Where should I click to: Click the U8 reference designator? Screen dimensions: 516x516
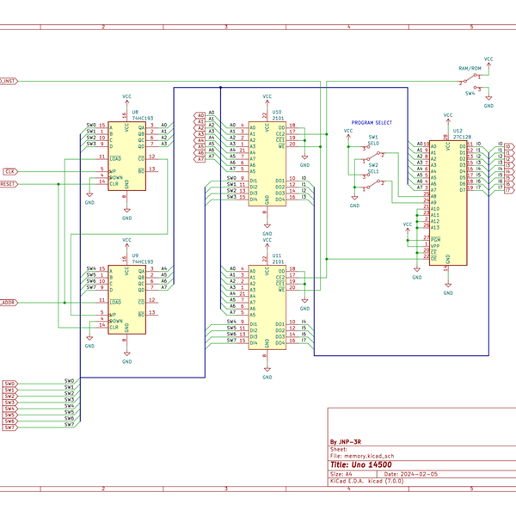click(134, 111)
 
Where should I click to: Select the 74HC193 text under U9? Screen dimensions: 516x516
click(142, 261)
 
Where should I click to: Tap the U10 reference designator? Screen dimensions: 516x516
click(276, 111)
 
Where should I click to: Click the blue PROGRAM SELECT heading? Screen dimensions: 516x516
click(372, 122)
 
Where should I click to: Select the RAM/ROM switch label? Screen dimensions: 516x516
click(470, 67)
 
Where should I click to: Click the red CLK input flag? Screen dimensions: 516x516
click(9, 171)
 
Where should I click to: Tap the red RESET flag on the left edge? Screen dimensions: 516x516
click(7, 183)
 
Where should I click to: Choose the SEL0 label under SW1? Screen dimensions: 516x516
click(373, 144)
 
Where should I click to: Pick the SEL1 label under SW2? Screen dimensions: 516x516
click(373, 171)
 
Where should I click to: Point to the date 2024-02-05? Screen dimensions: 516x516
click(419, 474)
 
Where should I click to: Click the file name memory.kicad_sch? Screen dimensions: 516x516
click(369, 455)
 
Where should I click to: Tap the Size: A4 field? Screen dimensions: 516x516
click(342, 474)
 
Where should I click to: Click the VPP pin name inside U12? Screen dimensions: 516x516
click(435, 245)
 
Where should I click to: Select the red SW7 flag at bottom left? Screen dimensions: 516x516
click(9, 427)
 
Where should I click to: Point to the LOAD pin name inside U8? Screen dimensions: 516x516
click(116, 158)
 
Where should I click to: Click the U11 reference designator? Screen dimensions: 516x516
click(276, 255)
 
